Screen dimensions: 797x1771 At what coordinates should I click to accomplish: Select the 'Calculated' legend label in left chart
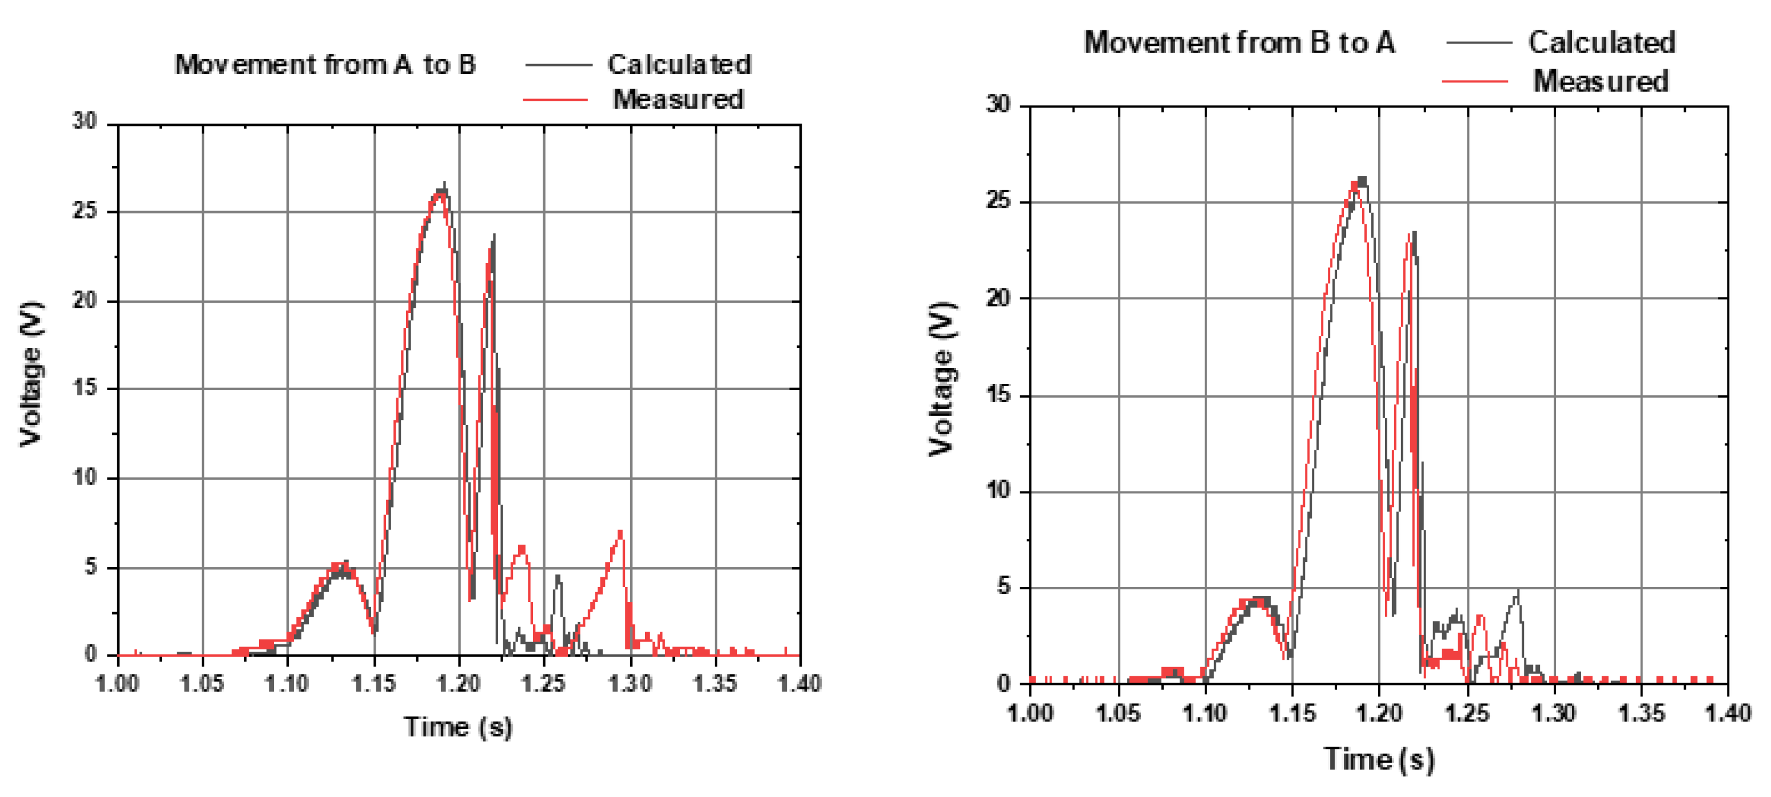(679, 65)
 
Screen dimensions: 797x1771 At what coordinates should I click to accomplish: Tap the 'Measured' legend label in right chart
(1600, 81)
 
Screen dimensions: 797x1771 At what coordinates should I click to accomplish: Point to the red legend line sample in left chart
(555, 100)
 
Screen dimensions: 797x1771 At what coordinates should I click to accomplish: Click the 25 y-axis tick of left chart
(85, 211)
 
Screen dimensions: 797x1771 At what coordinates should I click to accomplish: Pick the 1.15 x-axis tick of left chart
(374, 684)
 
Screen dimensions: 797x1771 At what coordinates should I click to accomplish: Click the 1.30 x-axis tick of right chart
(1554, 713)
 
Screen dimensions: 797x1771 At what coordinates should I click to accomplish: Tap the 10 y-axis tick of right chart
(999, 491)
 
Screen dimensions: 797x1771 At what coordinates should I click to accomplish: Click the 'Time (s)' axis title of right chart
(1379, 759)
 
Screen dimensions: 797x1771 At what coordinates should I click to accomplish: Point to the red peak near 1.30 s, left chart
(620, 533)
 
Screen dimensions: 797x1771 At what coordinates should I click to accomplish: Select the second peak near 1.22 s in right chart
(1412, 234)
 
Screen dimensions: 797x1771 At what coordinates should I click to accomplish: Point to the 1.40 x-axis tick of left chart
(799, 684)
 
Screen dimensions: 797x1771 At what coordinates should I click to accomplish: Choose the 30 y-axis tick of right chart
(999, 105)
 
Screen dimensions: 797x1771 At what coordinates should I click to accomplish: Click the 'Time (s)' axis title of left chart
(458, 727)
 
